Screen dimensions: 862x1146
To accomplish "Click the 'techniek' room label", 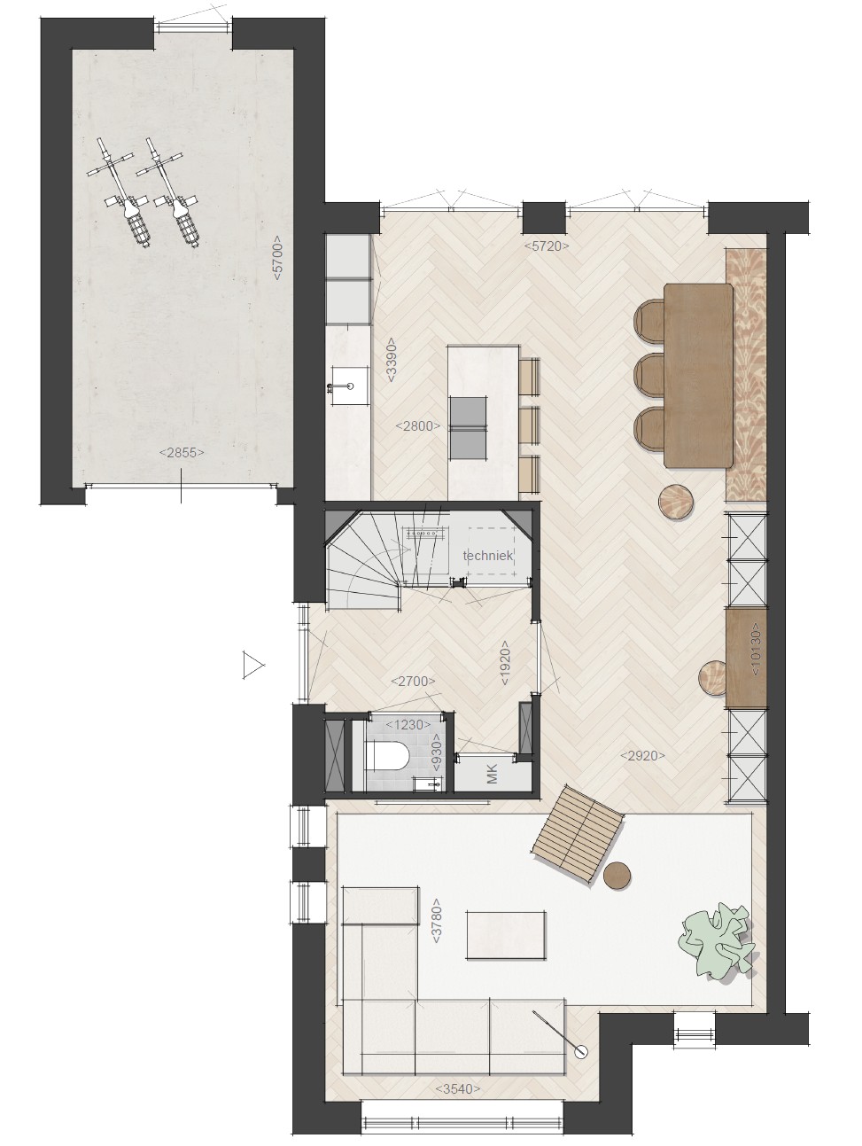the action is point(488,556).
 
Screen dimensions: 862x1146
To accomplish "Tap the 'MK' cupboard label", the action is point(492,774).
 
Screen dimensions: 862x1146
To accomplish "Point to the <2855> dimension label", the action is point(181,453).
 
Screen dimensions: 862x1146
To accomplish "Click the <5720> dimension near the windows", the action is point(546,246).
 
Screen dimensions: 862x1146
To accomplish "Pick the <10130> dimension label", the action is point(756,650).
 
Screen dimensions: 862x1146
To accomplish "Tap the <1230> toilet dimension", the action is point(408,725).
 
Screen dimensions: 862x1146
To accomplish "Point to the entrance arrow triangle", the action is point(253,665).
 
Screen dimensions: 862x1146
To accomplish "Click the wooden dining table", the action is point(699,375).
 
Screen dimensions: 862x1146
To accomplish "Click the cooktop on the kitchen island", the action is point(469,428).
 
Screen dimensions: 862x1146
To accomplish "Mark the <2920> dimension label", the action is point(642,755).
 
